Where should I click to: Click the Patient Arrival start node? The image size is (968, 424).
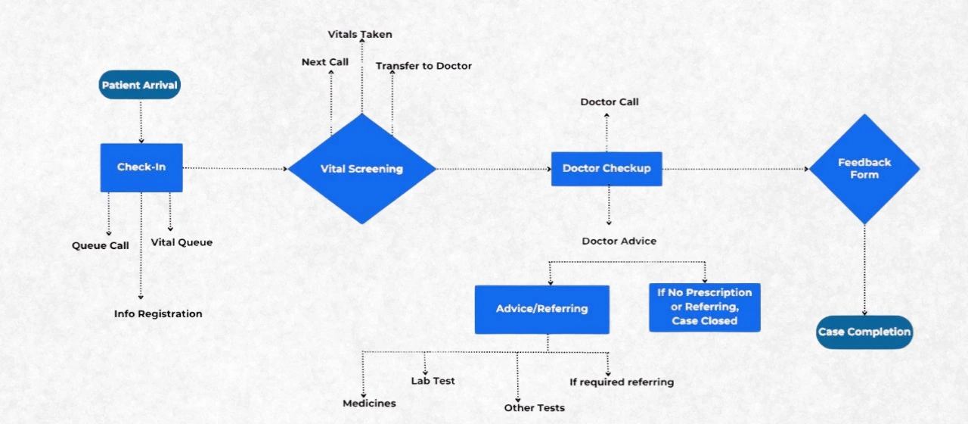click(140, 85)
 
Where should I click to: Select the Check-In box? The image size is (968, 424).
click(141, 167)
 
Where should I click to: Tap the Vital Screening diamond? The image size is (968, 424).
click(361, 169)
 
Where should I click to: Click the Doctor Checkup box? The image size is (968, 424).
click(607, 168)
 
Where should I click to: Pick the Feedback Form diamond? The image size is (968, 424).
click(864, 169)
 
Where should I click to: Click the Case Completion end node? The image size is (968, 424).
click(864, 332)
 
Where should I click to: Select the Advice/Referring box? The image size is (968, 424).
click(541, 309)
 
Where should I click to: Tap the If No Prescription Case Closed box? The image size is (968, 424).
click(705, 307)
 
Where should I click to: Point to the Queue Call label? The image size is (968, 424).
click(101, 245)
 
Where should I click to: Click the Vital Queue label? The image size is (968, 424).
click(181, 242)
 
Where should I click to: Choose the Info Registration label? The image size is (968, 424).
click(158, 313)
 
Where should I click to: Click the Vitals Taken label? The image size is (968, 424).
click(360, 35)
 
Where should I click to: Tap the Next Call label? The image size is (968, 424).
click(325, 62)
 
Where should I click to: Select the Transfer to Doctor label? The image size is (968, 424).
click(423, 66)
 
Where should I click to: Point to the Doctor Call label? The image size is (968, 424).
click(610, 101)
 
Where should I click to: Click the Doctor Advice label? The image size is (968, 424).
click(619, 241)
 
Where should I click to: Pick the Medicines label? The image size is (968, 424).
click(369, 403)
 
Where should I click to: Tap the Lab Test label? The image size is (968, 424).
click(433, 381)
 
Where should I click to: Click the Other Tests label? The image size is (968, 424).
click(534, 408)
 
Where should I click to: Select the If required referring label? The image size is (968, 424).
click(622, 382)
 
